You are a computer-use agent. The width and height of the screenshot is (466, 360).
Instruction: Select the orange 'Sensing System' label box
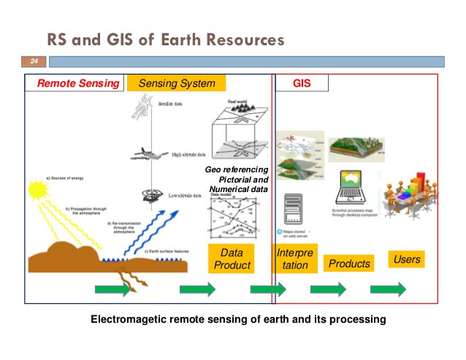[x=176, y=83]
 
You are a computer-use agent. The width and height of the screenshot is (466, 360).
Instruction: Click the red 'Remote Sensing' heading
[x=78, y=83]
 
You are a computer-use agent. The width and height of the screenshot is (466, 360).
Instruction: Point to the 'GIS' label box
[x=302, y=83]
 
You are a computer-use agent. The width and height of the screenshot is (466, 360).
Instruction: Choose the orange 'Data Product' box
[x=232, y=258]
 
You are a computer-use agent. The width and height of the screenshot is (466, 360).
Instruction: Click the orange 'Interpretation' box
[x=295, y=258]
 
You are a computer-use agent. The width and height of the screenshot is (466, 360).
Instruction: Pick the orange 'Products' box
[x=349, y=264]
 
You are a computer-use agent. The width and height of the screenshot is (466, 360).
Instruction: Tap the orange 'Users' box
[x=407, y=259]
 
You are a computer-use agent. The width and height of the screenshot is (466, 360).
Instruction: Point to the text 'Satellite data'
[x=171, y=104]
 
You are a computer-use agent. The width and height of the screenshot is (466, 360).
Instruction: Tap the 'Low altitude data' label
[x=187, y=196]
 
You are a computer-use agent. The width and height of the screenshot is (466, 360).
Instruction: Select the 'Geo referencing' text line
[x=237, y=169]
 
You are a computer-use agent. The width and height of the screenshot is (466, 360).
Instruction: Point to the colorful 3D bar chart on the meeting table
[x=423, y=182]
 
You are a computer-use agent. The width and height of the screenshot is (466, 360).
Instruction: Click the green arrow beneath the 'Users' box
[x=388, y=289]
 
